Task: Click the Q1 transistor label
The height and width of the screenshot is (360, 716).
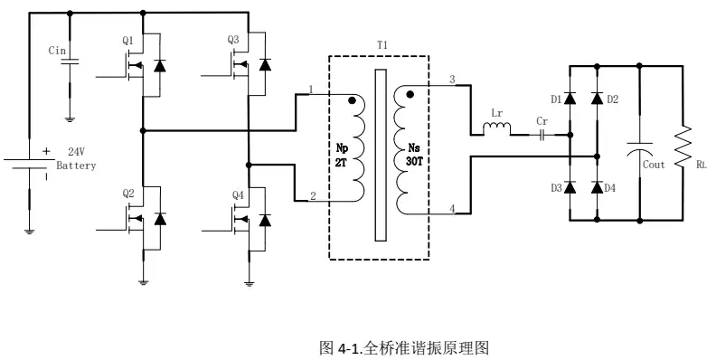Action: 127,42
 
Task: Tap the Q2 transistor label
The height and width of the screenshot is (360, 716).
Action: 127,194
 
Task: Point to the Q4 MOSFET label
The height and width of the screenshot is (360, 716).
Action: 238,194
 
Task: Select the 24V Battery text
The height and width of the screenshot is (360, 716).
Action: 76,159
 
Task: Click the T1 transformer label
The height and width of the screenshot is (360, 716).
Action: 382,43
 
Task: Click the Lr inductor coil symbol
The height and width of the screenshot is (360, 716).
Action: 496,130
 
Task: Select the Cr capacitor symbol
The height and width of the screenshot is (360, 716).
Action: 542,136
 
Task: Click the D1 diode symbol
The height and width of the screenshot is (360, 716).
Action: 570,98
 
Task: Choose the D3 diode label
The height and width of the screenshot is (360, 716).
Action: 556,187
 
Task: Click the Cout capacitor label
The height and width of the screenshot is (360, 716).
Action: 654,165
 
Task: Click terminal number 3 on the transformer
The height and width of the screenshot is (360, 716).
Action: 452,80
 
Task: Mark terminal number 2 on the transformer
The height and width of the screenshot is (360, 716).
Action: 312,195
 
